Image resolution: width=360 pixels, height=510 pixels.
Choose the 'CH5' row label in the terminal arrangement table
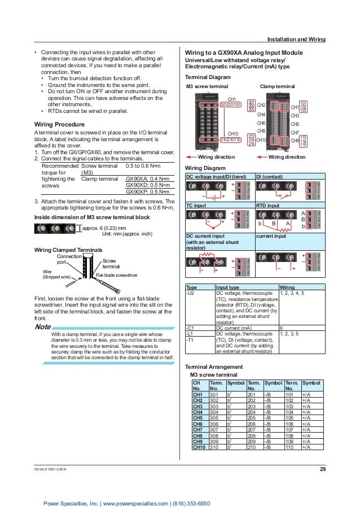click(197, 417)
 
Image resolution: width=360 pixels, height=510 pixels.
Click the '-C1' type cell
click(191, 327)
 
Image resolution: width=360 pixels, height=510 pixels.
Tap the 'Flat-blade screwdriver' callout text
click(120, 276)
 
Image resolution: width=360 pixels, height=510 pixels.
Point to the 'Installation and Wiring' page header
click(296, 40)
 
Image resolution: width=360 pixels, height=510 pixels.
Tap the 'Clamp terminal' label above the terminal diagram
click(276, 86)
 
